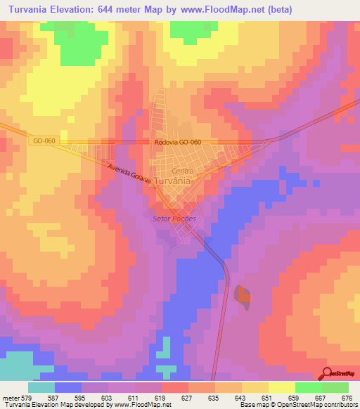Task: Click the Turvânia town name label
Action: point(172,181)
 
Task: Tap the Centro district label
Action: point(182,171)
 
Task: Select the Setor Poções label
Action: point(174,218)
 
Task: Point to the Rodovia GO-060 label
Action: point(178,143)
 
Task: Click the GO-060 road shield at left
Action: point(44,141)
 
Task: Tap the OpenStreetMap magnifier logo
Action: point(328,373)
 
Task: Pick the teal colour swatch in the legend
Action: point(41,387)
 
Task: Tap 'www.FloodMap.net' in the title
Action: point(217,9)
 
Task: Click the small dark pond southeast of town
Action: point(243,297)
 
